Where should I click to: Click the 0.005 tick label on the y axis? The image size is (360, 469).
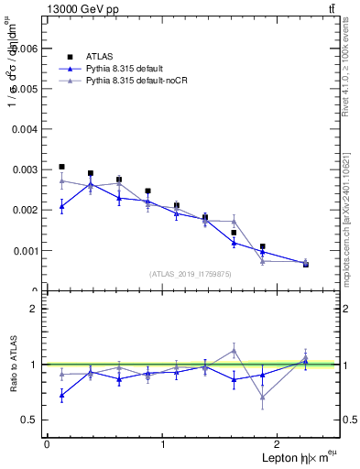(23, 89)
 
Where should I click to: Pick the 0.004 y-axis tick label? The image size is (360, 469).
(23, 129)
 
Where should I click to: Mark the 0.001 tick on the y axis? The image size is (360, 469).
(23, 250)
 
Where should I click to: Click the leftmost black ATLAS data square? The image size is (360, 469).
(61, 167)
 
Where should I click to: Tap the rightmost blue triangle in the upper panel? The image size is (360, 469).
(306, 263)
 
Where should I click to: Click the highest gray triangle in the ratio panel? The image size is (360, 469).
(234, 350)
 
